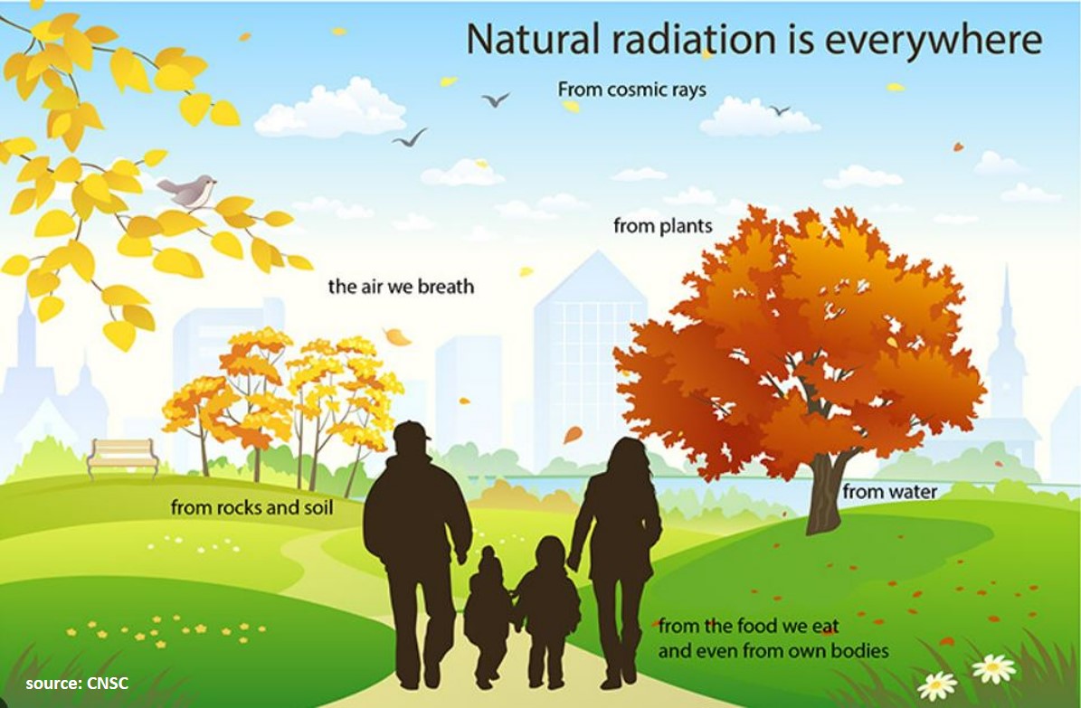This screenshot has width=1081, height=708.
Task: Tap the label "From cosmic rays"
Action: (x=632, y=90)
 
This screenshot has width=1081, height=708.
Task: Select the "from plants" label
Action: (x=662, y=225)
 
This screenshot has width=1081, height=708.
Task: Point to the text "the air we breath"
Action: (x=402, y=286)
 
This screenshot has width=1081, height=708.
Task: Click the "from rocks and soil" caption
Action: (x=251, y=508)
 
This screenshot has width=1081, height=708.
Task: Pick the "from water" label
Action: (x=889, y=492)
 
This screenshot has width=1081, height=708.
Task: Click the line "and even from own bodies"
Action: (x=773, y=651)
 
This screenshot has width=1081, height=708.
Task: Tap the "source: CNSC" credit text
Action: (x=77, y=684)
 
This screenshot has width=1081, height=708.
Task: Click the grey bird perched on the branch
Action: (x=187, y=191)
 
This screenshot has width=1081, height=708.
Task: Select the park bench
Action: (x=123, y=457)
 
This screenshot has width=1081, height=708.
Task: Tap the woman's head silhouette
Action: (x=625, y=457)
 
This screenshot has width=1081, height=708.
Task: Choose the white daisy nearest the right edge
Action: (x=993, y=668)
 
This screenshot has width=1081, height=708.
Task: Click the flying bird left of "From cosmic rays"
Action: (x=495, y=99)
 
